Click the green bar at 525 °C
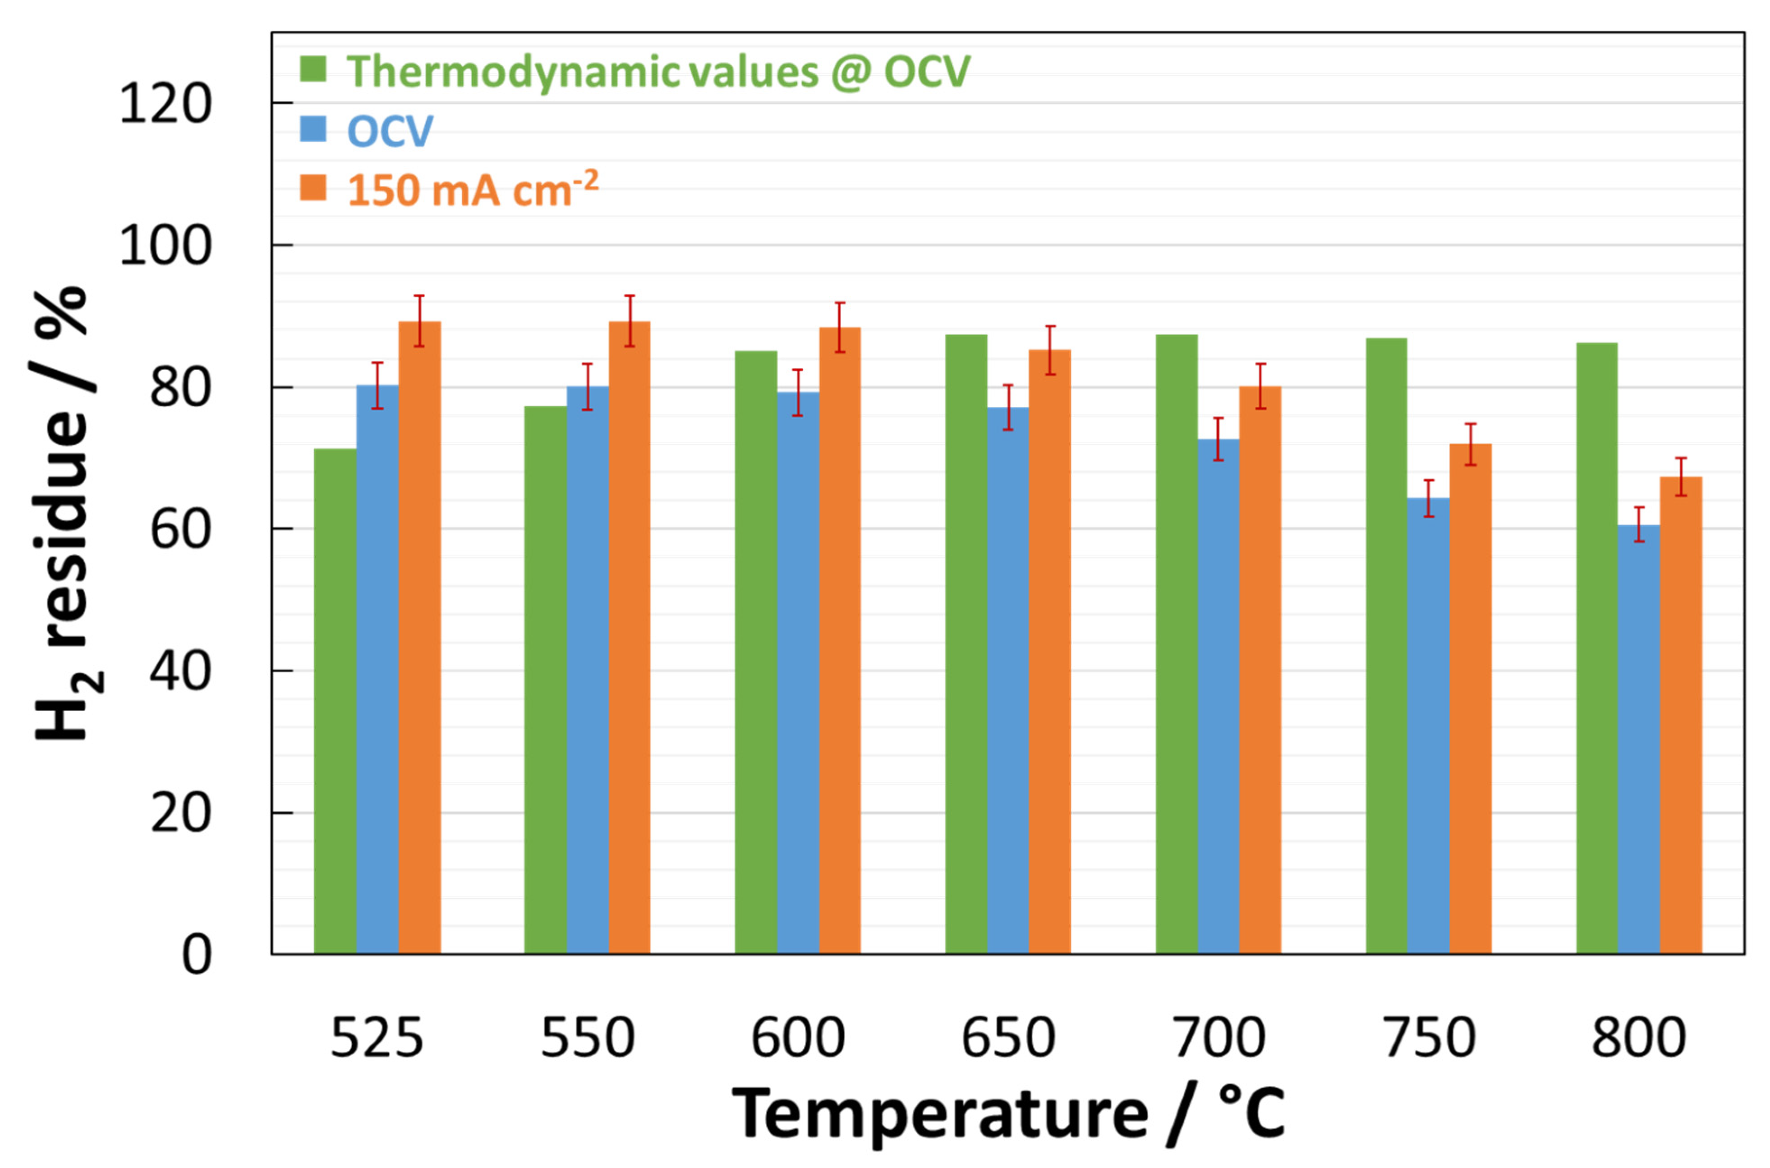335,700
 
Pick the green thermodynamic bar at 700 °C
1176,644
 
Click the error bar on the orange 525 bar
419,321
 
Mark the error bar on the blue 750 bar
1428,498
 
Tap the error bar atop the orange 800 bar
1681,477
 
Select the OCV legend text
390,131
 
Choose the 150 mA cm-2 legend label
472,189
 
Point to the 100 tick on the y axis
166,246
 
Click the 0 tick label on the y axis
196,955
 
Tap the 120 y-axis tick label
166,104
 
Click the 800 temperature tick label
1638,1038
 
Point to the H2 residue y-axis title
63,514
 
